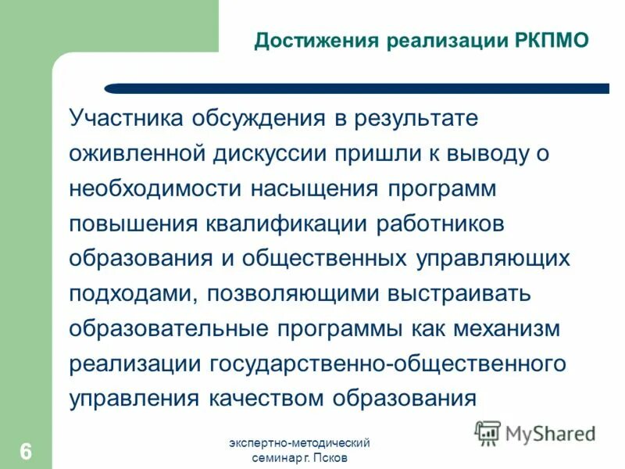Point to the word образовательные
(x=169, y=328)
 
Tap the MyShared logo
(x=536, y=431)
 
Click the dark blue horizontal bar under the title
(x=356, y=88)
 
